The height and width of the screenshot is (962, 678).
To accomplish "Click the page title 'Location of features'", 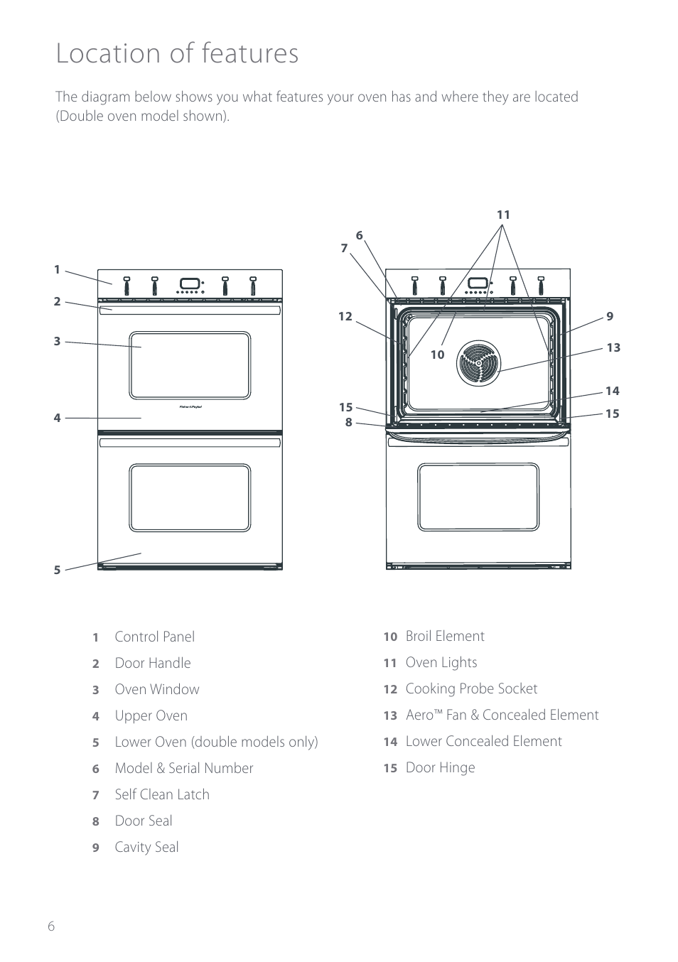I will click(x=177, y=54).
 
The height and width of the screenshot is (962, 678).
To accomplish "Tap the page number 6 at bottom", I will click(x=50, y=926).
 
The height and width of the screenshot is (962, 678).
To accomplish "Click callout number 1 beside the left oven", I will click(x=58, y=270).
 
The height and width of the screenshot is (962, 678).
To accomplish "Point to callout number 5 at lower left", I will click(x=58, y=570).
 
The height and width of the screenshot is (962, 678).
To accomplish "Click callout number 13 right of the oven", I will click(x=613, y=347).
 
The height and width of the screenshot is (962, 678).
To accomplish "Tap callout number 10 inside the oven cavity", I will click(x=437, y=355).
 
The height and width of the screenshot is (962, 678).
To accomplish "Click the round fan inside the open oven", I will click(x=478, y=363).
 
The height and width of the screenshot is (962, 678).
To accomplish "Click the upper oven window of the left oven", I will click(x=190, y=365).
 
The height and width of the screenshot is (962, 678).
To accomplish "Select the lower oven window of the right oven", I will click(x=478, y=497).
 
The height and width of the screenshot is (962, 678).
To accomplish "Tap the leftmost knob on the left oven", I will click(x=127, y=286).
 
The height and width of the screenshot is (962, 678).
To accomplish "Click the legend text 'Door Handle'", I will click(x=153, y=664).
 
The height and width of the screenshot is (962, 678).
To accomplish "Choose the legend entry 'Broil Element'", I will click(x=445, y=637).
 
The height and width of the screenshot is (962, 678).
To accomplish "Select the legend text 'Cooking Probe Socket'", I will click(x=471, y=689).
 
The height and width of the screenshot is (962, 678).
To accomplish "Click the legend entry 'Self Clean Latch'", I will click(x=162, y=795).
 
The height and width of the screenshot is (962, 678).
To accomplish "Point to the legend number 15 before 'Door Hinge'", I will click(x=390, y=768).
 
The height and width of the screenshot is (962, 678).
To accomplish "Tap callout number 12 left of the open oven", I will click(x=345, y=317).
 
